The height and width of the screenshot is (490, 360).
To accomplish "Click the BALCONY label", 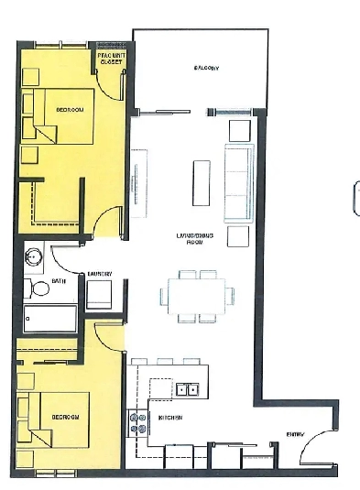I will (206, 69).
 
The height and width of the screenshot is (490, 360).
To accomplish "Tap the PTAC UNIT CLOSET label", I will (110, 60).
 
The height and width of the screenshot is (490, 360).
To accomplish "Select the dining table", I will (198, 295).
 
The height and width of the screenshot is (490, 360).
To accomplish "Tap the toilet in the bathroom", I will (40, 289).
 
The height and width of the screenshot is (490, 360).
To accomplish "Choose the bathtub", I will (51, 319).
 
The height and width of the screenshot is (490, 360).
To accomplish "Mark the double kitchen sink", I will (190, 389).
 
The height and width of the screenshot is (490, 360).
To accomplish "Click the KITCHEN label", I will (170, 419).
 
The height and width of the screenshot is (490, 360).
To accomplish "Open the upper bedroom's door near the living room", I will (107, 223).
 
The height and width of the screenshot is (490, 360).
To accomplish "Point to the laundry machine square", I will (99, 295).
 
